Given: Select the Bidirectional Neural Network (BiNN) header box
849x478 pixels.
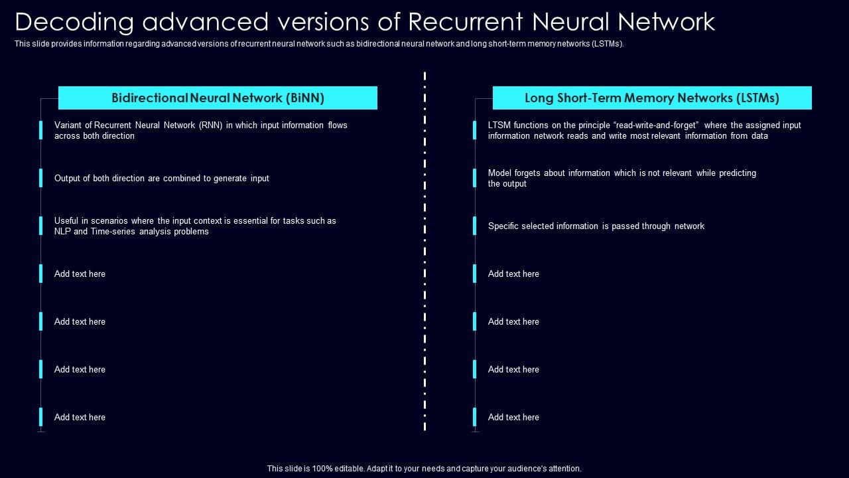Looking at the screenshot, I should pos(218,98).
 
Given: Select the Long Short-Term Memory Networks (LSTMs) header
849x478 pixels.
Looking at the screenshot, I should pos(652,98).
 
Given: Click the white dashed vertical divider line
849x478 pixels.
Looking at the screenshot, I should pos(424,252).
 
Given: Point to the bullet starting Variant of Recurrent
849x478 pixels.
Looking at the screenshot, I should pos(200,130).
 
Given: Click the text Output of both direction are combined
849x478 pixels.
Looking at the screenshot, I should pos(161,178).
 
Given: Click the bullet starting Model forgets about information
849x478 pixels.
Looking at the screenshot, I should pos(621,178).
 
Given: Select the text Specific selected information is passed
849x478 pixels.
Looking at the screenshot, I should pos(596,226).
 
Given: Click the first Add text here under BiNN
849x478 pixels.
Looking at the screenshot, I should pos(80,274).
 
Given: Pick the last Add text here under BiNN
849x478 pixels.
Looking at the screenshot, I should pos(80,417).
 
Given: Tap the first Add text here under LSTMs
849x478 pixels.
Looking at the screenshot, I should pos(513,274).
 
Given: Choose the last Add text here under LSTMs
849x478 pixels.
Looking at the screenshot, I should pos(513,417).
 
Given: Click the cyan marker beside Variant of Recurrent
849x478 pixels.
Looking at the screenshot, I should pos(40,130).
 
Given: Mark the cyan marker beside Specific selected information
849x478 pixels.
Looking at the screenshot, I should pos(474,226).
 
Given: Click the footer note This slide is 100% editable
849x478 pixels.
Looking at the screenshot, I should pos(424,468).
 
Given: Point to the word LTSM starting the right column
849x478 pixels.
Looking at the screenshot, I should pos(499,125).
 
